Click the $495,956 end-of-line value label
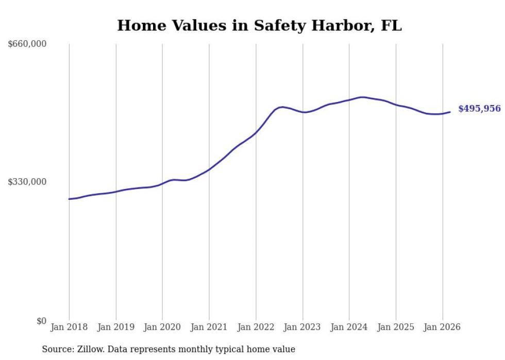tap(479, 109)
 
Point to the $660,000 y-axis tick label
tap(27, 44)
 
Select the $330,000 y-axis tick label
tap(27, 182)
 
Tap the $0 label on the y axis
tap(41, 321)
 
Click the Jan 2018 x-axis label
tap(69, 327)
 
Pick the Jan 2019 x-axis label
tap(116, 327)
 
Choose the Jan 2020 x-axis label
tap(162, 327)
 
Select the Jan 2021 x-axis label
tap(209, 327)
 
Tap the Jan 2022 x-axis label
tap(256, 327)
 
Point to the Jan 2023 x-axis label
tap(302, 327)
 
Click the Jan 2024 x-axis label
tap(349, 327)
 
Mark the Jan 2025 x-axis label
tap(396, 327)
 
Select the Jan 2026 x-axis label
tap(442, 327)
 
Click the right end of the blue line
tap(450, 112)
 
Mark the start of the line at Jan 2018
tap(69, 199)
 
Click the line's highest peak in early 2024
tap(363, 97)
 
